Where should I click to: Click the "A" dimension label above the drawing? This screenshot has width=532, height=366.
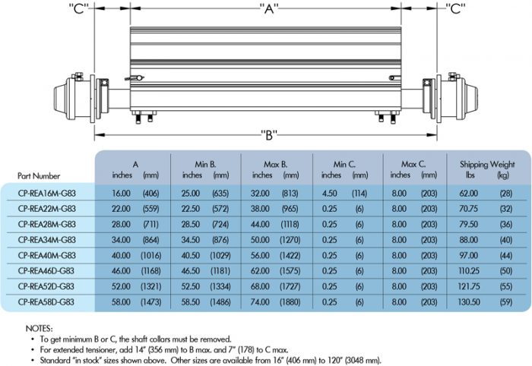[x=268, y=9]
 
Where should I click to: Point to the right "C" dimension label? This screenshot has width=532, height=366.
[x=457, y=9]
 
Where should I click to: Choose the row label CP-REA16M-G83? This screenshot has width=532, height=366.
[x=46, y=193]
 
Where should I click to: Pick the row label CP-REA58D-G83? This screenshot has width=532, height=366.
[x=46, y=301]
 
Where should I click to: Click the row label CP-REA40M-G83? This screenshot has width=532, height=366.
[x=46, y=254]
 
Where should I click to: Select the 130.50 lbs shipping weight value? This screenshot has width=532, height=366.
[x=467, y=301]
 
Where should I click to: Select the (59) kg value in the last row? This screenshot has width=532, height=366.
[x=504, y=301]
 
